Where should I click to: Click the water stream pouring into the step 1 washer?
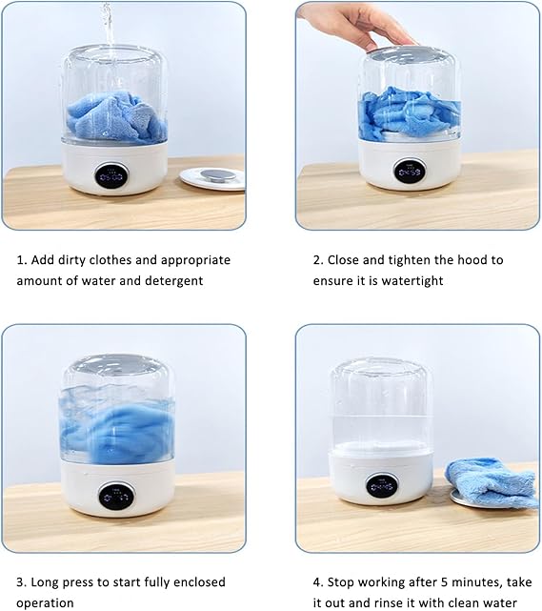coord(107,24)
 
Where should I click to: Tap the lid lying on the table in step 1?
coord(212,177)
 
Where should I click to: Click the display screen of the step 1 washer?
coord(111,175)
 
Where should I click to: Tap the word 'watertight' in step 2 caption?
coord(411,281)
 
